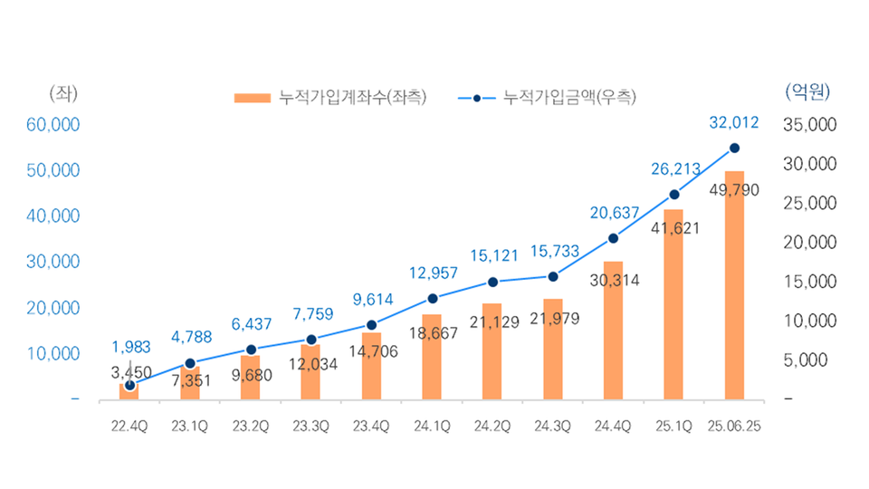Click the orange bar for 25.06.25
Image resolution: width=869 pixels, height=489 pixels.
point(734,285)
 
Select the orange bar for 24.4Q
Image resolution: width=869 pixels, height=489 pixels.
point(613,331)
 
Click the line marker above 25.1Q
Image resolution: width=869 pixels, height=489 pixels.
point(673,195)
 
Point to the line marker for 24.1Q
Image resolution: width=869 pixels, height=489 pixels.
point(432,299)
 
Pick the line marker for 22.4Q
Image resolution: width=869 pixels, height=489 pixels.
point(129,385)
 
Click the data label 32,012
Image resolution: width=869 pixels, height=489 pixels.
point(734,122)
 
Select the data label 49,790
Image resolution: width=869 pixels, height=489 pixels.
point(734,190)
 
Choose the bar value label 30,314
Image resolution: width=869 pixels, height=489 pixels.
point(613,281)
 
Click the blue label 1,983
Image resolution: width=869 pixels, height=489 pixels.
point(132,347)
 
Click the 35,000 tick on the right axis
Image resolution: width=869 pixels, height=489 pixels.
point(807,124)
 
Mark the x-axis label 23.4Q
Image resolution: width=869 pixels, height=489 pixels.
point(371,426)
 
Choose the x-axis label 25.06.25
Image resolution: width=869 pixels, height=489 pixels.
point(734,426)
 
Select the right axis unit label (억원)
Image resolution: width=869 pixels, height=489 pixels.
point(806,91)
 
